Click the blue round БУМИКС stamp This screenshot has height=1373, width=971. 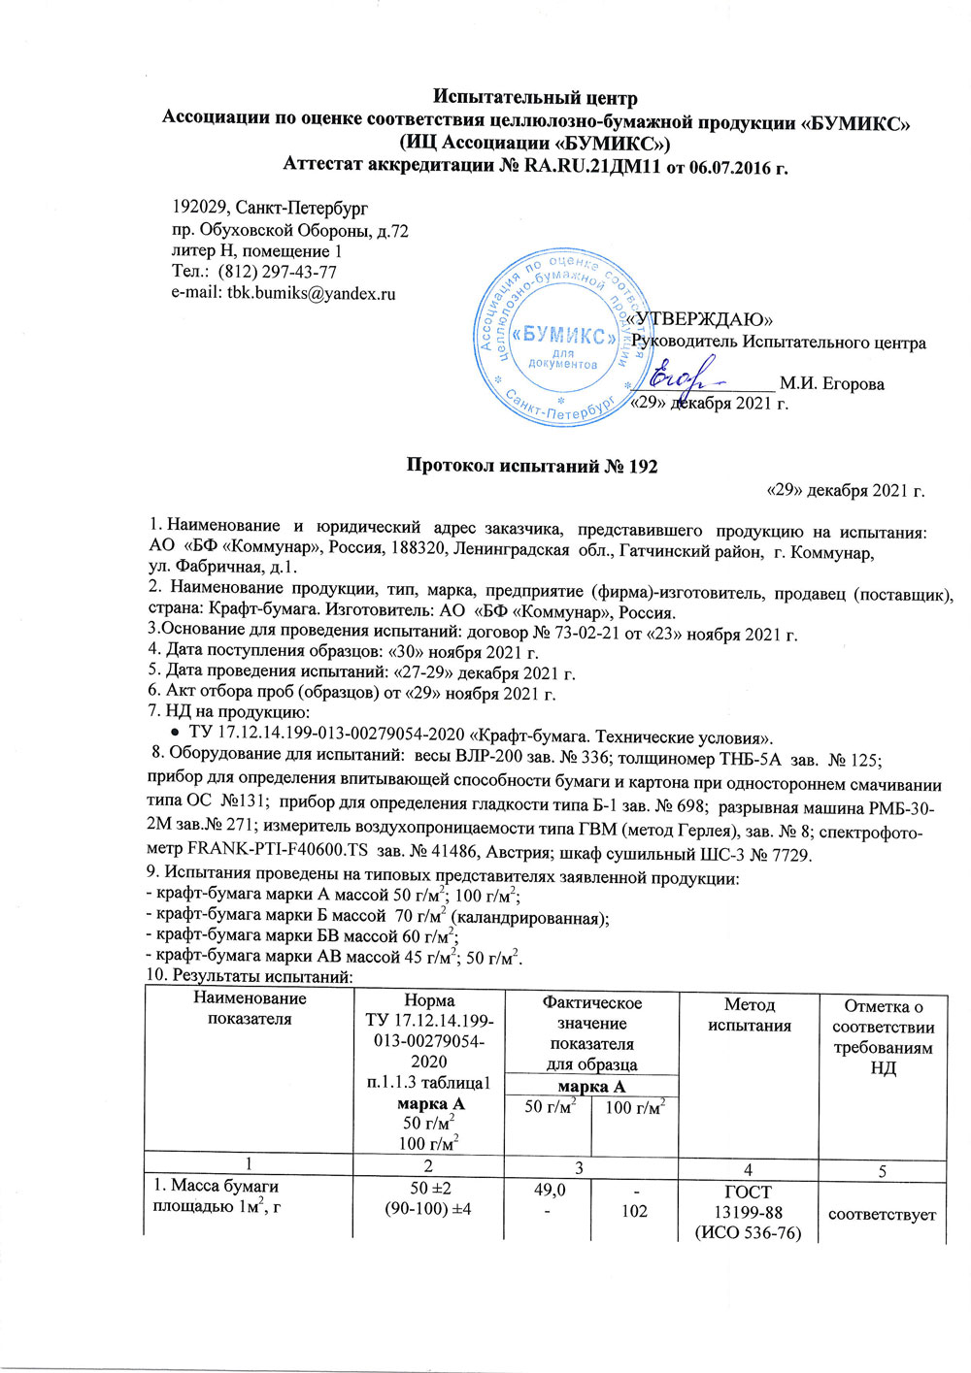click(x=559, y=336)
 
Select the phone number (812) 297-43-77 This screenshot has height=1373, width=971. click(x=278, y=272)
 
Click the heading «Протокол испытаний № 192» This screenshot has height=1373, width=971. click(x=531, y=466)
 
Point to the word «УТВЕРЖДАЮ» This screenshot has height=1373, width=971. click(x=700, y=319)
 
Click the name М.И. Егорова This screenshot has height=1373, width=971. click(x=831, y=384)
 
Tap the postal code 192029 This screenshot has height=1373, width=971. click(x=202, y=209)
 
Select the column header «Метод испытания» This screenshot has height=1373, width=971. click(x=749, y=1015)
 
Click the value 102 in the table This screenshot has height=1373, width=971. click(x=634, y=1211)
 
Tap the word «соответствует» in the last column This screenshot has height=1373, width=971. click(x=882, y=1213)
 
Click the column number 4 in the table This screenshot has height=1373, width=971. click(x=749, y=1170)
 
